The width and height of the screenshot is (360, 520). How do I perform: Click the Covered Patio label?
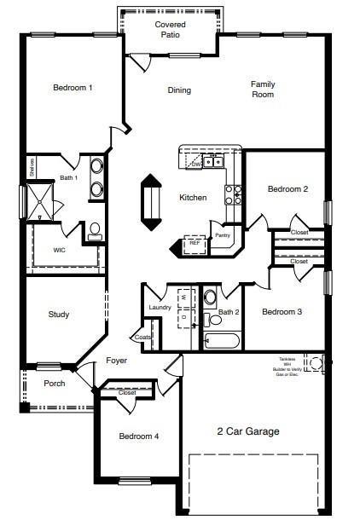coord(170,30)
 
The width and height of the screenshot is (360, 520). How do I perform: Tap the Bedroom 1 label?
coord(73,88)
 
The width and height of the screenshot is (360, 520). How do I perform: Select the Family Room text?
coord(262,90)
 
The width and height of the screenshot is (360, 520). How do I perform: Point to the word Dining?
coord(179,90)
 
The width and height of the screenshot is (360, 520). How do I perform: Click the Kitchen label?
coord(193,198)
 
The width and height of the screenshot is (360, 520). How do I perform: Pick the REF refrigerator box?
coord(195,243)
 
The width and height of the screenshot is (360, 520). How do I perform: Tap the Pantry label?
coord(222,235)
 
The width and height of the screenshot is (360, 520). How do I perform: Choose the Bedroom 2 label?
coord(287,189)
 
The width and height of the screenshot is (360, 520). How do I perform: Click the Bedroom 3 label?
coord(282,312)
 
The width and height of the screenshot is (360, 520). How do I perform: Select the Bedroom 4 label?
coord(138,436)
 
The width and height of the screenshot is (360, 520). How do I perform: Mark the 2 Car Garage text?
coord(249,431)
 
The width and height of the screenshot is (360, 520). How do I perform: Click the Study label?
coord(59,315)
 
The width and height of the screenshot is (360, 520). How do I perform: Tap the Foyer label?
coord(116,361)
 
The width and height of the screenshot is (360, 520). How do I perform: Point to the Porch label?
coord(54,384)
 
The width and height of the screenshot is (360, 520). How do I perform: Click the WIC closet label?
coord(59,251)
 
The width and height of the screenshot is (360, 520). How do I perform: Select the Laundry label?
coord(160,308)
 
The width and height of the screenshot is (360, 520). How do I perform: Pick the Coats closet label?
coord(142,337)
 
